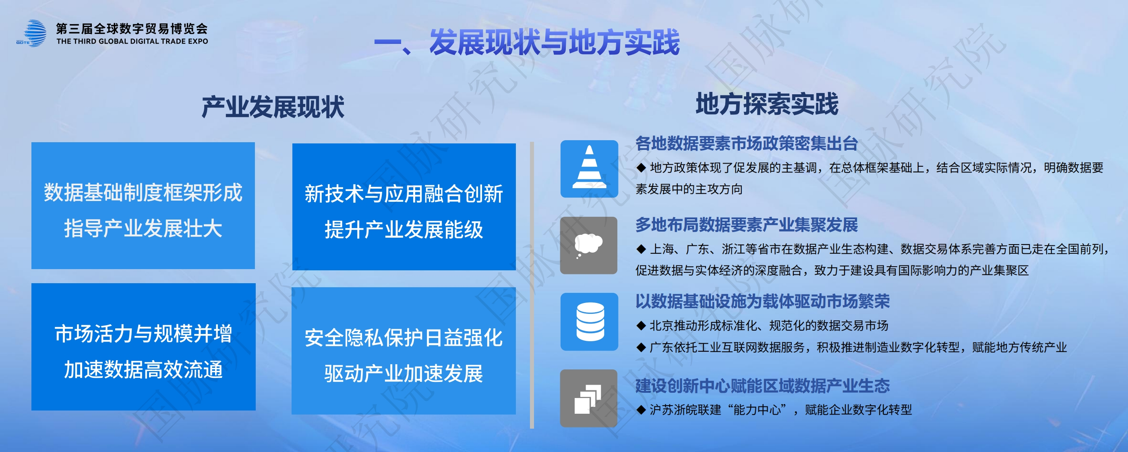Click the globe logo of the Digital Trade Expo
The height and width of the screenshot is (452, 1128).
(31, 33)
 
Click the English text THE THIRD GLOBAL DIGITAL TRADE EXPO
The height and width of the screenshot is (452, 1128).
(132, 41)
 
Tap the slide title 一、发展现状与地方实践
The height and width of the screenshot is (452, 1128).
(527, 42)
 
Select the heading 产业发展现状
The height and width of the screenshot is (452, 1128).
(273, 107)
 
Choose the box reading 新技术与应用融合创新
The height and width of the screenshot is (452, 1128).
(404, 207)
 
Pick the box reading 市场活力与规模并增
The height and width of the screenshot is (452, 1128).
(144, 347)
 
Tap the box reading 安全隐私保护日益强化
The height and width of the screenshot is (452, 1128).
(404, 351)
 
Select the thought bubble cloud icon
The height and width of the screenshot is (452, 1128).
(589, 245)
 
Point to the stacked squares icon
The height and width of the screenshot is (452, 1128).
(589, 398)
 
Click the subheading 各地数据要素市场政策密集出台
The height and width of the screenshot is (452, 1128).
(747, 143)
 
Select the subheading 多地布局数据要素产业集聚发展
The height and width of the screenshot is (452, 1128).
(747, 225)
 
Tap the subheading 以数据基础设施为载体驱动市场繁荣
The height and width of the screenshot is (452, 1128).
(762, 301)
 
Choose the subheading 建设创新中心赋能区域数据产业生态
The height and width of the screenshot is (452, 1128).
(762, 386)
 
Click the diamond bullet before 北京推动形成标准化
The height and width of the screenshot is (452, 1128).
(641, 326)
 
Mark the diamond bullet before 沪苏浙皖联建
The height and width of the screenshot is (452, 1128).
(641, 410)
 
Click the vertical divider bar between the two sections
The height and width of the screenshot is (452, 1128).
(532, 285)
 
